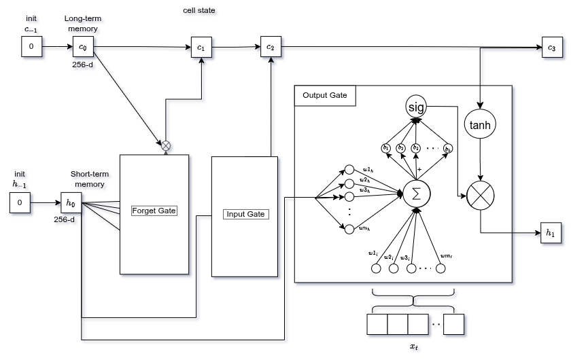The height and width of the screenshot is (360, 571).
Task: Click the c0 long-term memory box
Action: coord(83,48)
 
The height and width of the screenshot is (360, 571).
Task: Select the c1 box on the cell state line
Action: coord(201,48)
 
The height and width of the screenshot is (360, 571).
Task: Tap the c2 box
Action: coord(270,47)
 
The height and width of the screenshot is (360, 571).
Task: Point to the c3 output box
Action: coord(551,48)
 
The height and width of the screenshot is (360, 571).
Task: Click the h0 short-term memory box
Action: coord(70,202)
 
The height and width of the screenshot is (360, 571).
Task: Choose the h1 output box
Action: coord(551,232)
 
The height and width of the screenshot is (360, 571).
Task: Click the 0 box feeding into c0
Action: coord(31,47)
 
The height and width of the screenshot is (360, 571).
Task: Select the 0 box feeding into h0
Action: coord(20,202)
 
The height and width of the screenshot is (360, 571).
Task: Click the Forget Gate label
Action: coord(154,211)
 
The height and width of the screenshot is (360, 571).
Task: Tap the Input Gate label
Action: coord(245,214)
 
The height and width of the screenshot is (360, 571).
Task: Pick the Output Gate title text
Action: coord(325,95)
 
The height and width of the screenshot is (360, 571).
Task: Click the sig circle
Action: coord(415,107)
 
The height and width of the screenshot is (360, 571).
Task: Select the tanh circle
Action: coord(481,125)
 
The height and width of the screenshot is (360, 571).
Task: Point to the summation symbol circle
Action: coord(416,194)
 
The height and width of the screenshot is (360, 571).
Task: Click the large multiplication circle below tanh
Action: coord(481,196)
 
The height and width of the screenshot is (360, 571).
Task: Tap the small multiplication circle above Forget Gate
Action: coord(166,145)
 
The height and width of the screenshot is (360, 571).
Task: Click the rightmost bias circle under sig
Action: coord(447,148)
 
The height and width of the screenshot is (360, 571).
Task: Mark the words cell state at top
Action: coord(201,11)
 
